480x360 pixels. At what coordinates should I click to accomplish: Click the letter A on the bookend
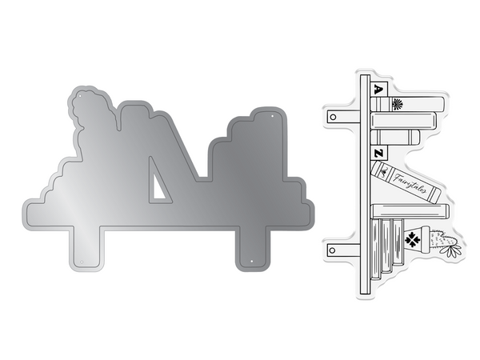[378, 90]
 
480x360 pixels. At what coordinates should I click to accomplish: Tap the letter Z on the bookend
[378, 154]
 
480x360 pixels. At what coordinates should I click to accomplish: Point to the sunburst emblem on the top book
[398, 104]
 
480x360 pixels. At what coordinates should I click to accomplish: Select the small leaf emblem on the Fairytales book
[383, 173]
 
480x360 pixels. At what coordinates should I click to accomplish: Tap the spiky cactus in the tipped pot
[442, 238]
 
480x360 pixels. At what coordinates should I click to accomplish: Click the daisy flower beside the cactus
[450, 250]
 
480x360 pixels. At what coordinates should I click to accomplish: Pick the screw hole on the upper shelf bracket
[334, 117]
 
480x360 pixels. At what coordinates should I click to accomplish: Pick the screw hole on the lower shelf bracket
[333, 250]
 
